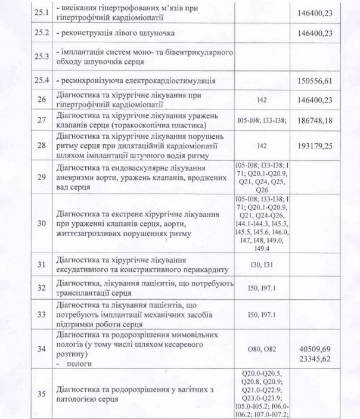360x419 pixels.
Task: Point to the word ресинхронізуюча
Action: [x=92, y=80]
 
